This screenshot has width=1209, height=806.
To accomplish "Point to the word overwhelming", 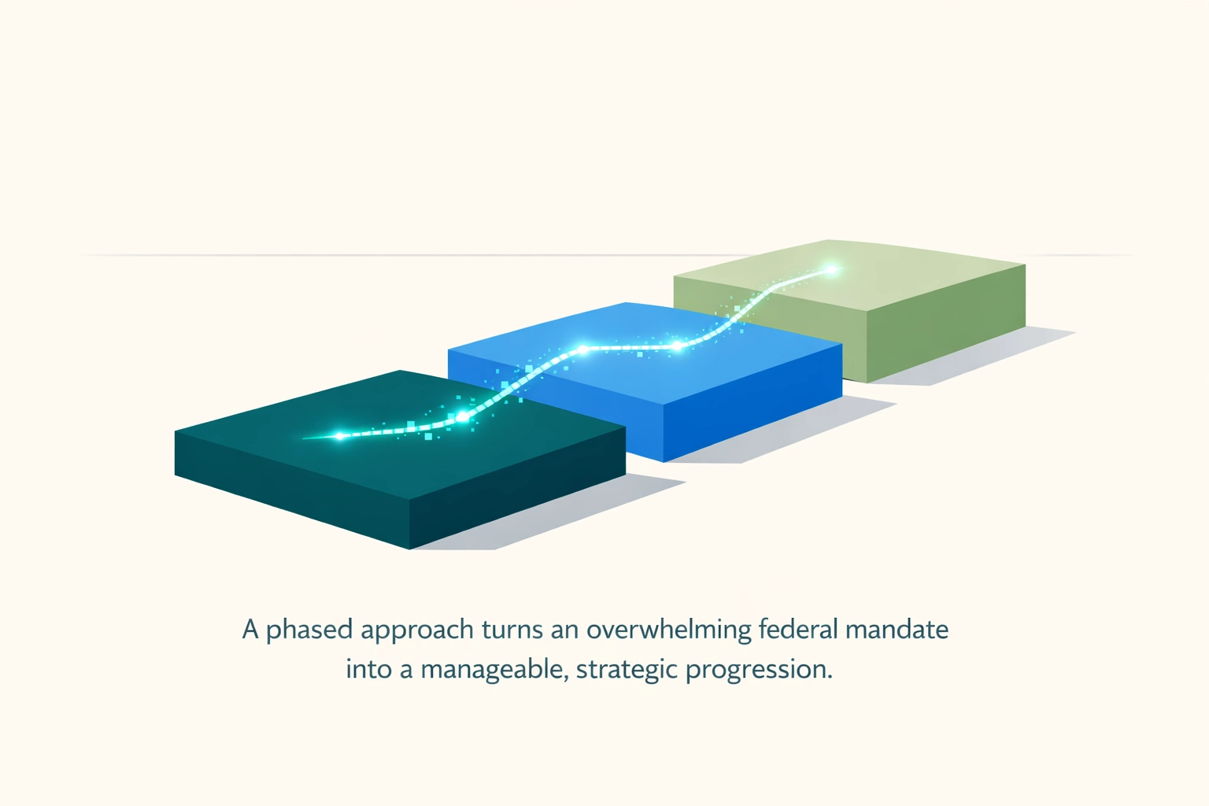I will point(668,630).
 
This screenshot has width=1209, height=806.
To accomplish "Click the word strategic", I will point(626,670).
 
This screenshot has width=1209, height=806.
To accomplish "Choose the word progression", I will point(758,670).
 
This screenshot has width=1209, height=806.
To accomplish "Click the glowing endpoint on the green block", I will point(831,270).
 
